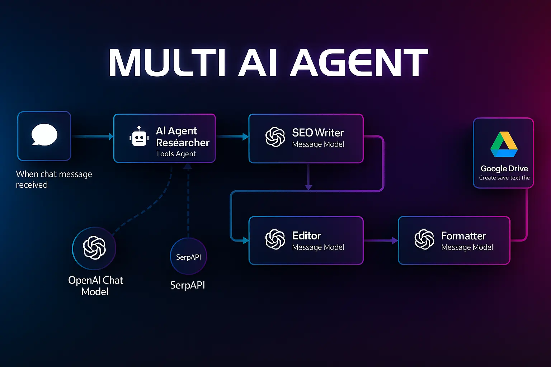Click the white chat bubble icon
(x=44, y=135)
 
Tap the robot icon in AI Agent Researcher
(x=139, y=137)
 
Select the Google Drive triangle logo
(x=504, y=145)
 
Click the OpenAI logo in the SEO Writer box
(x=275, y=137)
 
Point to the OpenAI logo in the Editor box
(x=275, y=239)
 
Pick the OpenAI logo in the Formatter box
(x=424, y=239)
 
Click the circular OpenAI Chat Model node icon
(x=94, y=248)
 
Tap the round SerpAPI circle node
(x=188, y=257)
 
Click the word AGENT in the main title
(x=359, y=63)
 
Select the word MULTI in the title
(x=167, y=63)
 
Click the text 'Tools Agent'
(x=176, y=154)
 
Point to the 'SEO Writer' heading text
(x=318, y=133)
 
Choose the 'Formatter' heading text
(x=463, y=236)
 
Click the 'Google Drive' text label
(x=504, y=168)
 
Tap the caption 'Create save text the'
(x=504, y=178)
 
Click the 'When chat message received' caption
(x=54, y=179)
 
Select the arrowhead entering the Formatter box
(x=395, y=240)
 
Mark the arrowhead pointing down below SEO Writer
(x=309, y=187)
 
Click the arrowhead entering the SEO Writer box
(x=246, y=137)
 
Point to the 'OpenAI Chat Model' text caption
(x=95, y=286)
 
